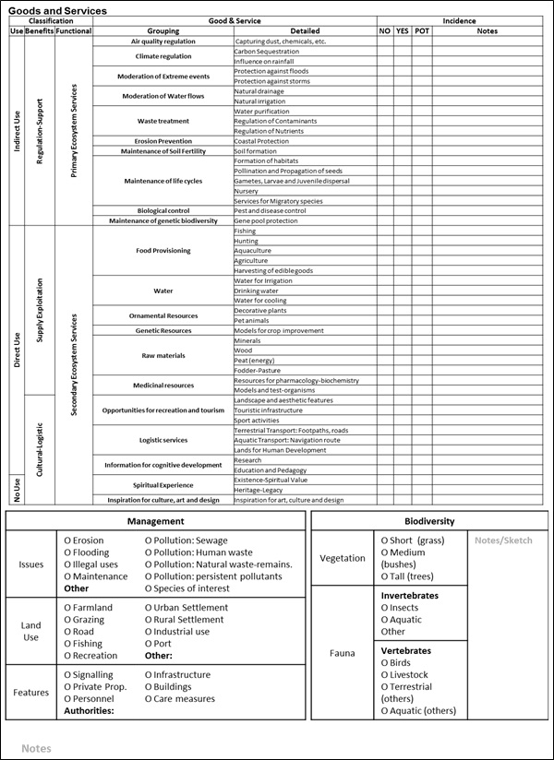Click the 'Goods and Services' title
(x=57, y=10)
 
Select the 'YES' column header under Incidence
(x=403, y=31)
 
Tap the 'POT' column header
(x=421, y=31)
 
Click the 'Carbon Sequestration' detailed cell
(x=267, y=52)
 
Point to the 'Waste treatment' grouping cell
(x=163, y=121)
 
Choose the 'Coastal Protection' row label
(x=261, y=141)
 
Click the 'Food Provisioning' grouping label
(x=163, y=250)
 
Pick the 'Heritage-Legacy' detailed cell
(x=259, y=490)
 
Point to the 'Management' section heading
(x=154, y=521)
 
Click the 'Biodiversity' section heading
(x=429, y=521)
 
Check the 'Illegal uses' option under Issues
(x=91, y=564)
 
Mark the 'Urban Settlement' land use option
(x=187, y=608)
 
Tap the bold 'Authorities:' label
(x=89, y=711)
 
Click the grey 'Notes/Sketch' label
(x=503, y=540)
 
